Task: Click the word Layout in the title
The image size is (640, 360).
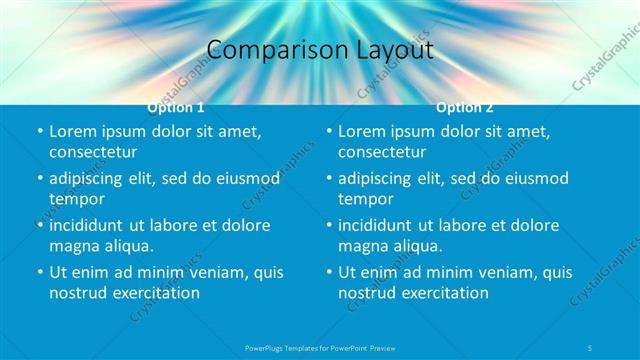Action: tap(384, 49)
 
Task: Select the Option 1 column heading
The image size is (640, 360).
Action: tap(175, 107)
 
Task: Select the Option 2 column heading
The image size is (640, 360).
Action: tap(464, 107)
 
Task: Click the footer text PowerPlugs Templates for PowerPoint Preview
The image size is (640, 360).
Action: tap(320, 347)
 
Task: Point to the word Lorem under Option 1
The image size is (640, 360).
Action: tap(73, 131)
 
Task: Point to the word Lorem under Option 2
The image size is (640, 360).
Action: tap(362, 131)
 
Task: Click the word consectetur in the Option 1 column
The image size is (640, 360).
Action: tap(93, 152)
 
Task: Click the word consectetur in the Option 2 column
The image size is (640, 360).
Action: tap(382, 152)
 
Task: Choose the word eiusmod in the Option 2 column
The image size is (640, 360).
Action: tap(535, 178)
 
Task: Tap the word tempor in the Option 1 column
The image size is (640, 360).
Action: tap(74, 198)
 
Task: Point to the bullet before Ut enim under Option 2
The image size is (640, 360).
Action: tap(329, 272)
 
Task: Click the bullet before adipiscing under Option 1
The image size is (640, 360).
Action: tap(40, 178)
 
